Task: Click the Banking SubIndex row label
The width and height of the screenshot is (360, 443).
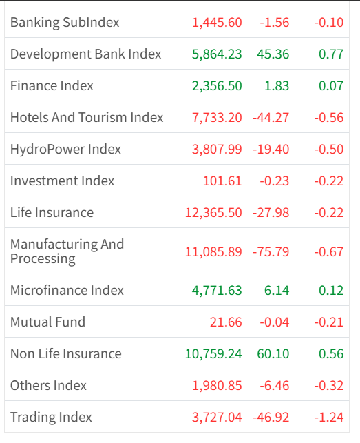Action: pyautogui.click(x=65, y=23)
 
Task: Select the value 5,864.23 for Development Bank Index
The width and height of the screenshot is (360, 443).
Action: pyautogui.click(x=217, y=54)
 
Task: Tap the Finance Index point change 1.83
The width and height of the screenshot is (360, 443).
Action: pyautogui.click(x=277, y=86)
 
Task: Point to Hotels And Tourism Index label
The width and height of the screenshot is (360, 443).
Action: pyautogui.click(x=87, y=117)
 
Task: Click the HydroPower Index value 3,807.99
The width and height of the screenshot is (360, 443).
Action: pyautogui.click(x=217, y=150)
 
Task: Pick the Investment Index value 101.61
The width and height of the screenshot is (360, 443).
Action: pyautogui.click(x=222, y=181)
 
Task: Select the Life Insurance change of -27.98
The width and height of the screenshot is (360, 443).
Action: pyautogui.click(x=271, y=212)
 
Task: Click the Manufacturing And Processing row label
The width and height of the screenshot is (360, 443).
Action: pyautogui.click(x=67, y=251)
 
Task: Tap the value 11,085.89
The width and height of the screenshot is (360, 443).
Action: pyautogui.click(x=213, y=251)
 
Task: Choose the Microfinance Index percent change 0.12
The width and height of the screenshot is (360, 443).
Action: pyautogui.click(x=331, y=291)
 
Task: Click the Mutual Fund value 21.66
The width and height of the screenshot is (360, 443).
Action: pyautogui.click(x=226, y=322)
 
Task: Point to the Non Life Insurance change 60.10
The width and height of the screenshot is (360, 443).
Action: pyautogui.click(x=273, y=353)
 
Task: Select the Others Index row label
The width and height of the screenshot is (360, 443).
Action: pyautogui.click(x=48, y=385)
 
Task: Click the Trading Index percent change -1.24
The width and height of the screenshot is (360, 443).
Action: pyautogui.click(x=329, y=417)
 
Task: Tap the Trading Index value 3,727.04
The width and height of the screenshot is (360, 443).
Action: pyautogui.click(x=217, y=418)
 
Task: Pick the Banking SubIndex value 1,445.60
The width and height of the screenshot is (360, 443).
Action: pyautogui.click(x=217, y=23)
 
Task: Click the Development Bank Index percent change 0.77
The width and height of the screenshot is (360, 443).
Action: pyautogui.click(x=331, y=54)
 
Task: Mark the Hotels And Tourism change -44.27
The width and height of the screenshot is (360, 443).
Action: pyautogui.click(x=271, y=118)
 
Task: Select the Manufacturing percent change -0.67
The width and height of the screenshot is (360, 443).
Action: pyautogui.click(x=329, y=251)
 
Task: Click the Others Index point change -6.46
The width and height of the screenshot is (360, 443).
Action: pyautogui.click(x=275, y=385)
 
